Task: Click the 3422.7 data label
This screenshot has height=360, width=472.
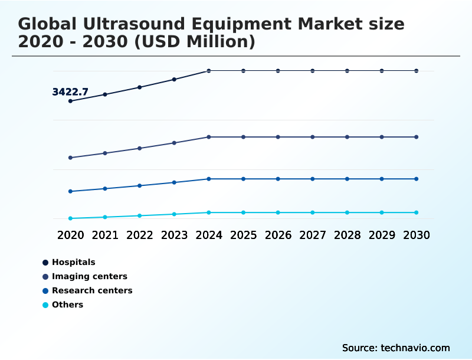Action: point(70,92)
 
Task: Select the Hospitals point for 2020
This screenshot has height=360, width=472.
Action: point(70,101)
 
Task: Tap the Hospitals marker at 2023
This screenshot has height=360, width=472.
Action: point(174,79)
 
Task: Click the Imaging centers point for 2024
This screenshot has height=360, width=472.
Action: point(209,137)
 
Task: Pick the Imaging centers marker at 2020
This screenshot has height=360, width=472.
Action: point(70,158)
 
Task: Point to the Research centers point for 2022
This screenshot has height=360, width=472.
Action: point(140,185)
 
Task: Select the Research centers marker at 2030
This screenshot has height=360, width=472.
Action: point(417,179)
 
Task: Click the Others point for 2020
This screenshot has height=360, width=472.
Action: point(70,218)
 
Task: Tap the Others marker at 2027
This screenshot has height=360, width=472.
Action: point(313,212)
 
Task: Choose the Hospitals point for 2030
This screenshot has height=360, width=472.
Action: point(417,71)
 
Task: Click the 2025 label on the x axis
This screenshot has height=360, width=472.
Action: point(243,235)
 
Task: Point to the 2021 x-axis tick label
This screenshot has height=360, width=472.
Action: point(105,235)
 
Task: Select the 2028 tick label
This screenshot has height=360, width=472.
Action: point(347,235)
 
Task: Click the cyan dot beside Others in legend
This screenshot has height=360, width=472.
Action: point(45,305)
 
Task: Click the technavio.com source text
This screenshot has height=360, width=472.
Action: point(414,348)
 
